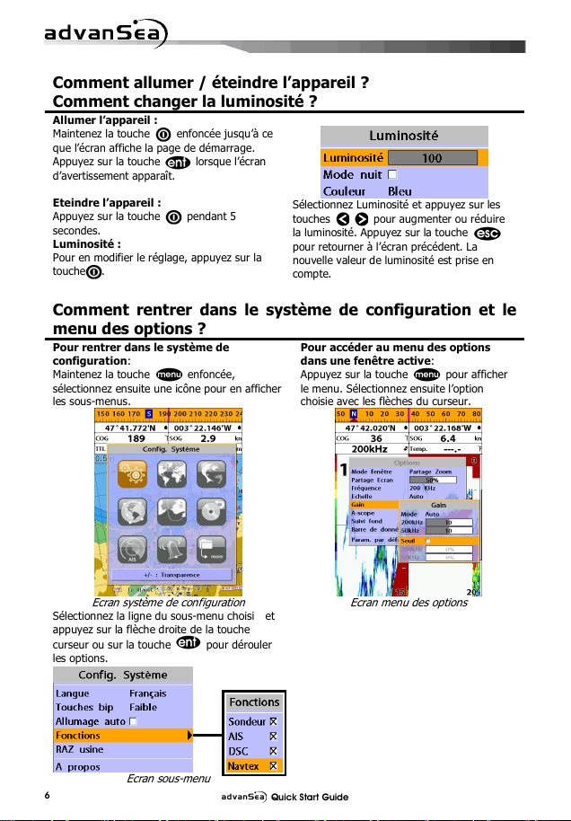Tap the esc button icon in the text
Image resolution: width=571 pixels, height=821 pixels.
coord(487,234)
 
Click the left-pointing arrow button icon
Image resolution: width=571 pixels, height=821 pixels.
coord(343,219)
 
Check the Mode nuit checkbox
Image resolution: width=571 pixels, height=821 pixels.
coord(392,174)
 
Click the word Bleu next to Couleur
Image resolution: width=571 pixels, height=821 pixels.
coord(400,191)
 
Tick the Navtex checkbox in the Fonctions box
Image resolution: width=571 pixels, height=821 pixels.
coord(275,766)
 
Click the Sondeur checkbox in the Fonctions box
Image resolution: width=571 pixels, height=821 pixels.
coord(275,721)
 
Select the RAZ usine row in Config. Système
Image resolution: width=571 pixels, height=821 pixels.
coord(80,750)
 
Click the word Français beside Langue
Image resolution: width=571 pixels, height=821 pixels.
coord(148,693)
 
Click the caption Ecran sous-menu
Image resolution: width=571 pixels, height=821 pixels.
coord(164,779)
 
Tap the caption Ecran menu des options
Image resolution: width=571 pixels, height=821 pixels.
coord(408,603)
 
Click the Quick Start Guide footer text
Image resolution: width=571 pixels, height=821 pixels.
coord(310,797)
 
